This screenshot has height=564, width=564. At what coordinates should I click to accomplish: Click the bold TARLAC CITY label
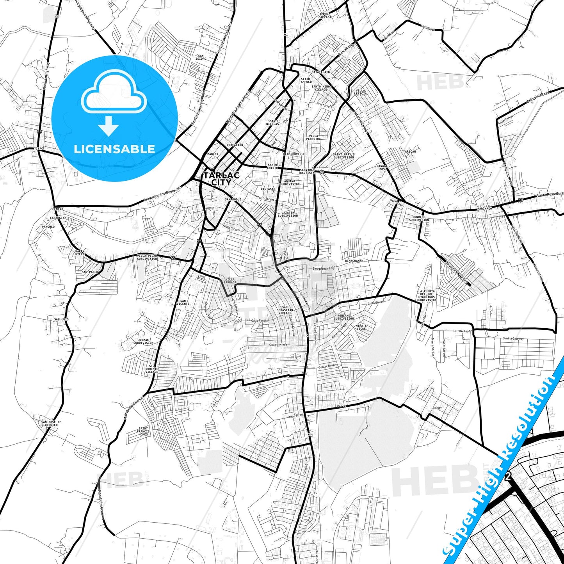[x=221, y=179]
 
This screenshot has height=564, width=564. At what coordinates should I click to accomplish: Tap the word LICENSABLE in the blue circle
[x=114, y=149]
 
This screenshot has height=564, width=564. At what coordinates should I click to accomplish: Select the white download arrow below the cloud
[x=109, y=126]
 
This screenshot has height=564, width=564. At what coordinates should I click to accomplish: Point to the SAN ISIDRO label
[x=201, y=57]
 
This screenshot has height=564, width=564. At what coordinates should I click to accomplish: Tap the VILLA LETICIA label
[x=360, y=92]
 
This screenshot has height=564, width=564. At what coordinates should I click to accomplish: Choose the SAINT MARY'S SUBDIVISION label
[x=344, y=156]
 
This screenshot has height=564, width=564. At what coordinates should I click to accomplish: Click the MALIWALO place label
[x=484, y=209]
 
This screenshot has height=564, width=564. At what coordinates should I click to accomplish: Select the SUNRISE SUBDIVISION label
[x=419, y=218]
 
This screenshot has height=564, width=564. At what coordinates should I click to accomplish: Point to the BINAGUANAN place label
[x=354, y=261]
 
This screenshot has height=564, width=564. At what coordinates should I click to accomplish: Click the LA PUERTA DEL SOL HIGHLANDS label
[x=426, y=295]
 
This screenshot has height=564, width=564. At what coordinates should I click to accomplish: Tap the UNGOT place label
[x=437, y=408]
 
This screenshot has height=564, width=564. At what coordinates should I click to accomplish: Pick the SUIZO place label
[x=341, y=406]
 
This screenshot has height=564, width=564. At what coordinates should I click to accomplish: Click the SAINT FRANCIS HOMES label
[x=143, y=431]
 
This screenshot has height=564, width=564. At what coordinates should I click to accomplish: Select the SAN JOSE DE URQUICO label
[x=51, y=423]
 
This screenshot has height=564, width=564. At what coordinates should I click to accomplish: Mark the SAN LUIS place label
[x=61, y=320]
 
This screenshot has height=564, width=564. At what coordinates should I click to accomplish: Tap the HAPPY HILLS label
[x=80, y=253]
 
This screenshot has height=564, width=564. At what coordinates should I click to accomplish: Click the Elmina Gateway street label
[x=513, y=338]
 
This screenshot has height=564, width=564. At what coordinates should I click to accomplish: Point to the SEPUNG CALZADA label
[x=325, y=16]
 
